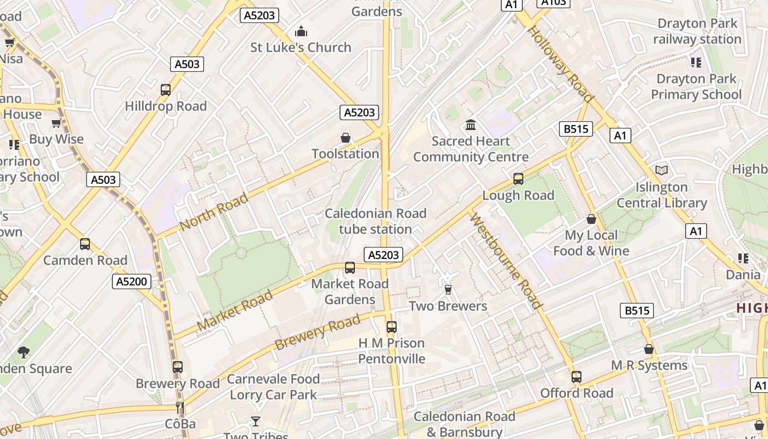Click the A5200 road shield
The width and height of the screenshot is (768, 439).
(x=132, y=282)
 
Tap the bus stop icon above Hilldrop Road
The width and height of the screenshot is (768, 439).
(x=166, y=90)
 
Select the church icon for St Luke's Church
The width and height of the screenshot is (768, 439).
(x=301, y=32)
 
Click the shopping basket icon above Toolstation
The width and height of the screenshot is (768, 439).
(x=346, y=138)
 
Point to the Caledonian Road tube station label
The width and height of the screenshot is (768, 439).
(x=376, y=221)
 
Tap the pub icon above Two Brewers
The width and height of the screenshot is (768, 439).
(x=448, y=290)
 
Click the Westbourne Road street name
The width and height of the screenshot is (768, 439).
(x=506, y=261)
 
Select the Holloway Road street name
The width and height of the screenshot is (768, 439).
(x=561, y=65)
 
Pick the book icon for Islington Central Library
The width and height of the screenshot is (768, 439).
(x=662, y=171)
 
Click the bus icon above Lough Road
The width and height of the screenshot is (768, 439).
(x=518, y=179)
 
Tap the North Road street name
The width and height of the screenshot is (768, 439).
(x=213, y=212)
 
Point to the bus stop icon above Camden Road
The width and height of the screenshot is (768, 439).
(x=85, y=244)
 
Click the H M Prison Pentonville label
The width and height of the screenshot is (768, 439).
(x=392, y=351)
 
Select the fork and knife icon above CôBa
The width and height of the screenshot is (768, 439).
(x=180, y=408)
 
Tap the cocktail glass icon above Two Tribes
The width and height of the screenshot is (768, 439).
(x=256, y=421)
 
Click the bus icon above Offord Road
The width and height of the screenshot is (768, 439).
(x=576, y=377)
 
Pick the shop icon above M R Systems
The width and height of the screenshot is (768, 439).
(x=649, y=350)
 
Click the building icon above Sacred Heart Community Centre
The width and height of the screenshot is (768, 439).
(x=471, y=125)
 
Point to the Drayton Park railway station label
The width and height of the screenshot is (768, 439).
(x=697, y=31)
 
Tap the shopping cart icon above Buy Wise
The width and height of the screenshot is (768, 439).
(x=56, y=123)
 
